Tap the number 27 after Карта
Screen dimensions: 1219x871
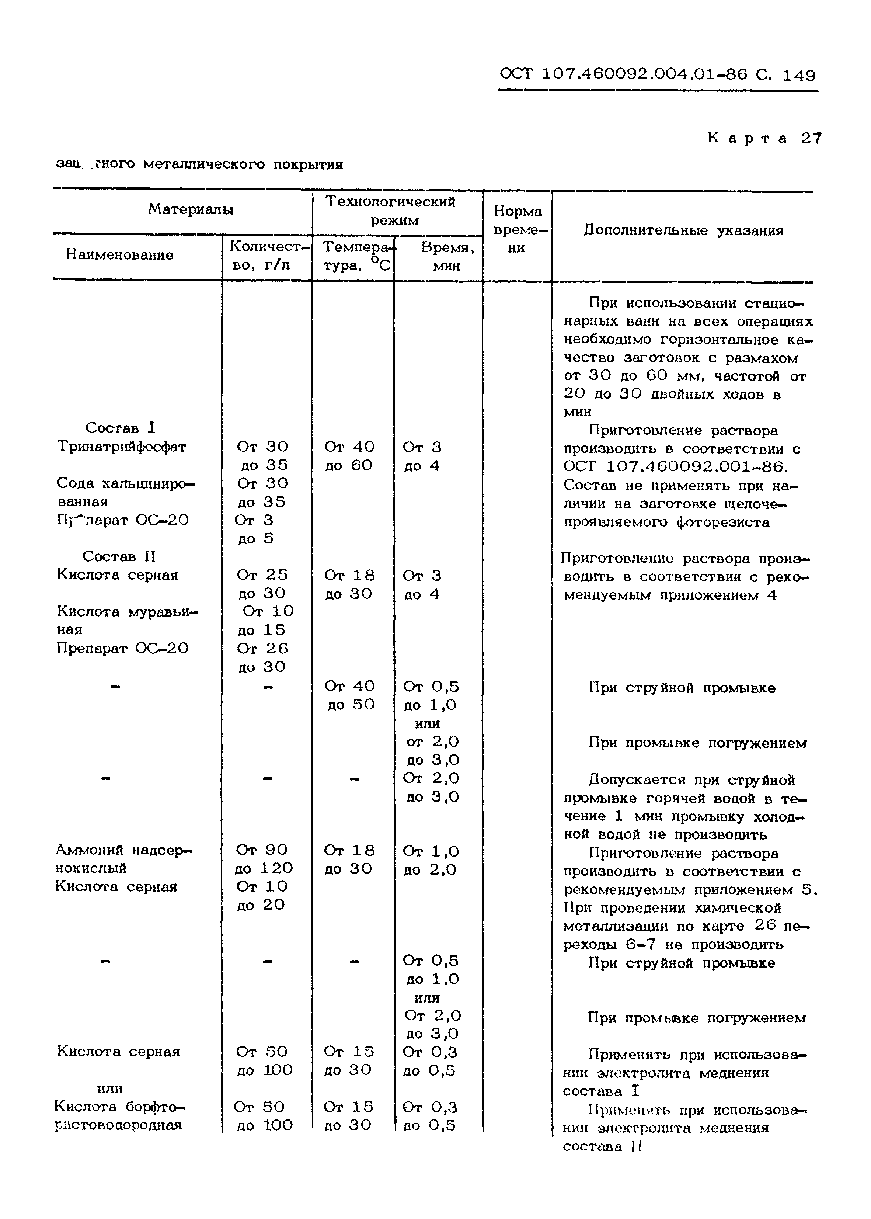(811, 138)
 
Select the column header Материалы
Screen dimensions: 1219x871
(191, 209)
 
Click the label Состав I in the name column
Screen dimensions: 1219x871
(120, 428)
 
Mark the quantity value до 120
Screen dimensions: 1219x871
(264, 868)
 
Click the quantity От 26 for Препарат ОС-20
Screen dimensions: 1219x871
(262, 648)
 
